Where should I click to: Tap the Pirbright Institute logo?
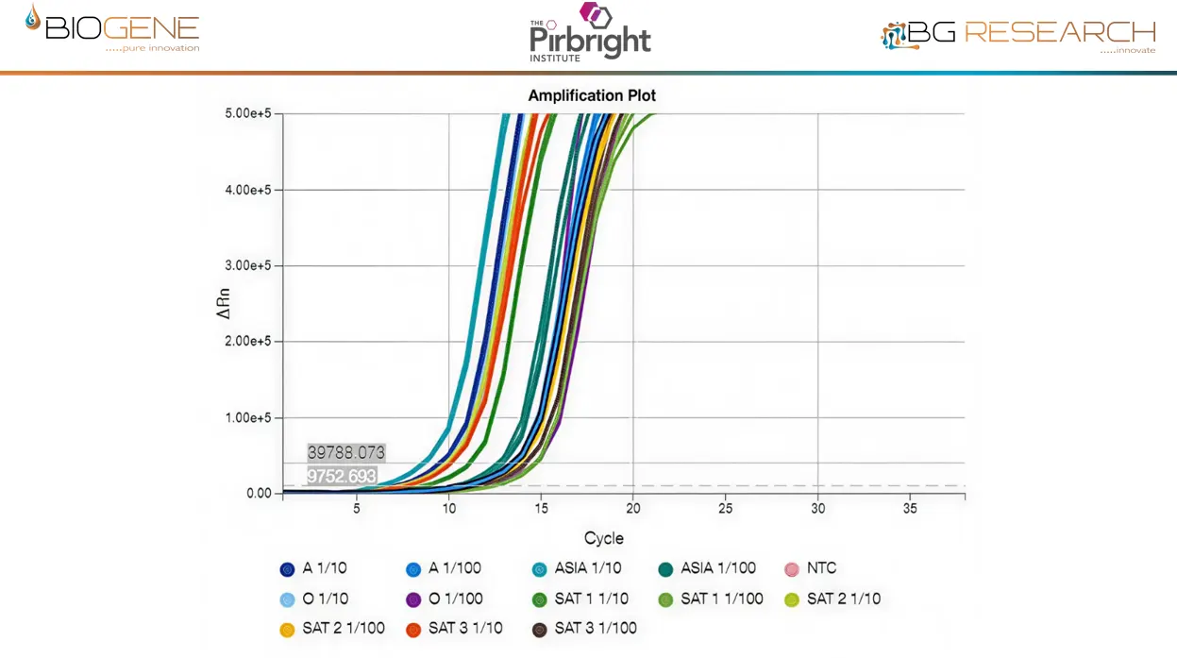tap(590, 34)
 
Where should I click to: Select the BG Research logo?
tap(1018, 35)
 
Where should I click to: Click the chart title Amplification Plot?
tap(592, 95)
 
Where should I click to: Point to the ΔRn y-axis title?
tap(224, 302)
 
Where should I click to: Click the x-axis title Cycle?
tap(603, 538)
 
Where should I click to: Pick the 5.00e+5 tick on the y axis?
tap(246, 113)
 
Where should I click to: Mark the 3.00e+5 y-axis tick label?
tap(246, 265)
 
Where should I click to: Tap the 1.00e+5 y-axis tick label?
tap(246, 417)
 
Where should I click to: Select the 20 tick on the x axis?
tap(632, 509)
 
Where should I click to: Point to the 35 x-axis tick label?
tap(909, 509)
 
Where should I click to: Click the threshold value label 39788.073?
tap(346, 453)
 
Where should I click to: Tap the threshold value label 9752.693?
tap(342, 477)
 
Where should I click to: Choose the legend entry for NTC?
tap(811, 568)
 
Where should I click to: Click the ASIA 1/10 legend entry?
tap(577, 568)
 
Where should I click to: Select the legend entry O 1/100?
tap(445, 599)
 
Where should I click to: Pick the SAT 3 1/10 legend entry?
tap(454, 628)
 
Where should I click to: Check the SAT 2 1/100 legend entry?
tap(332, 628)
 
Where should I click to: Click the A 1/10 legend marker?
tap(287, 569)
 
